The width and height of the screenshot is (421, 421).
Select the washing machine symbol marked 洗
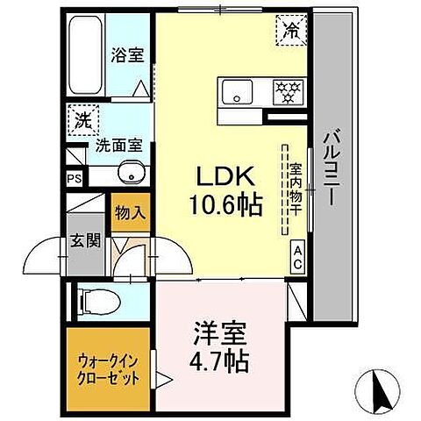tap(81, 121)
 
